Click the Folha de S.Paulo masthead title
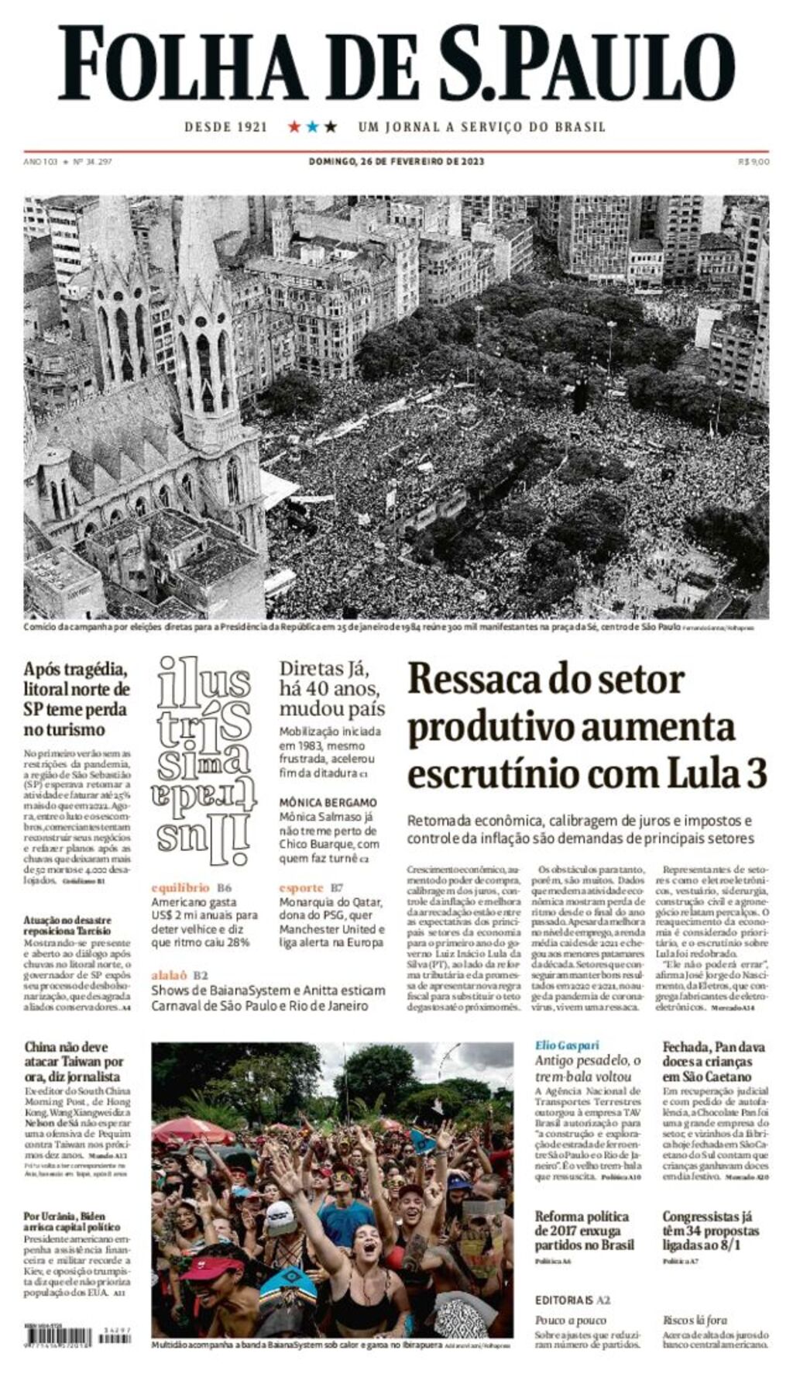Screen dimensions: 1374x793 point(396,64)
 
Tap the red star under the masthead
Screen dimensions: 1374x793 point(294,126)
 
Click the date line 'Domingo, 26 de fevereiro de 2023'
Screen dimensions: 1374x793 point(396,161)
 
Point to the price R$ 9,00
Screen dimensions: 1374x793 point(754,161)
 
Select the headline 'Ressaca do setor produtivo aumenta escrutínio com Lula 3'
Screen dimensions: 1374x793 point(587,726)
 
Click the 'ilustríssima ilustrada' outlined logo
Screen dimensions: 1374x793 point(204,761)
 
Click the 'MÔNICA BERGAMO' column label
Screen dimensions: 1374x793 point(328,802)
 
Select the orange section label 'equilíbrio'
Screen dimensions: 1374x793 point(180,887)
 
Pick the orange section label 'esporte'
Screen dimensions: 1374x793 point(301,887)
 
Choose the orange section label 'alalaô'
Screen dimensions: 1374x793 point(169,975)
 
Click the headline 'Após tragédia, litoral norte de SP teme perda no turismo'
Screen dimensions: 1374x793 point(76,699)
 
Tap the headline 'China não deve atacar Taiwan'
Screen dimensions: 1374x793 point(73,1062)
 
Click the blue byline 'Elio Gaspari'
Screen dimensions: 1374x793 point(567,1045)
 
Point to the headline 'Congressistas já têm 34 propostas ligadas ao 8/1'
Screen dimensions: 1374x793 point(710,1231)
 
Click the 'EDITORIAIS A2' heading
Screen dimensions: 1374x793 point(572,1300)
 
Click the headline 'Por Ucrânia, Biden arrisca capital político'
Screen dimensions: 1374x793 point(71,1221)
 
